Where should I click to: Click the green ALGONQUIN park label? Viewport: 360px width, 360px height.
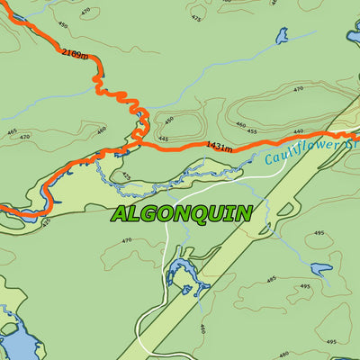(181, 213)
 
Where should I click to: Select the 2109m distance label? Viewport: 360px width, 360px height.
(76, 55)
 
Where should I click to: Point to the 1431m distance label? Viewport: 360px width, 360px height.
(219, 145)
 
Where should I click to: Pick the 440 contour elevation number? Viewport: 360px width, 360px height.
(299, 131)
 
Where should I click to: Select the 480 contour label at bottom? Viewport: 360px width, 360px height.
(284, 354)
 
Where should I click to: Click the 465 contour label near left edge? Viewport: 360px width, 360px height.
(12, 131)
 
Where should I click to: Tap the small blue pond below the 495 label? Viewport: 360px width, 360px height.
(320, 268)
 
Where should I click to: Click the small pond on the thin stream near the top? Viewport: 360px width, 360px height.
(282, 36)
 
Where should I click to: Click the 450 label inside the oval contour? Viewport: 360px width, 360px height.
(168, 120)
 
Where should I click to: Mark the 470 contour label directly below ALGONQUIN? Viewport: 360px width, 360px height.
(126, 240)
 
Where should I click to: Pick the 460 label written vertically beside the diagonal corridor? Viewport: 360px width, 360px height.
(202, 328)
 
